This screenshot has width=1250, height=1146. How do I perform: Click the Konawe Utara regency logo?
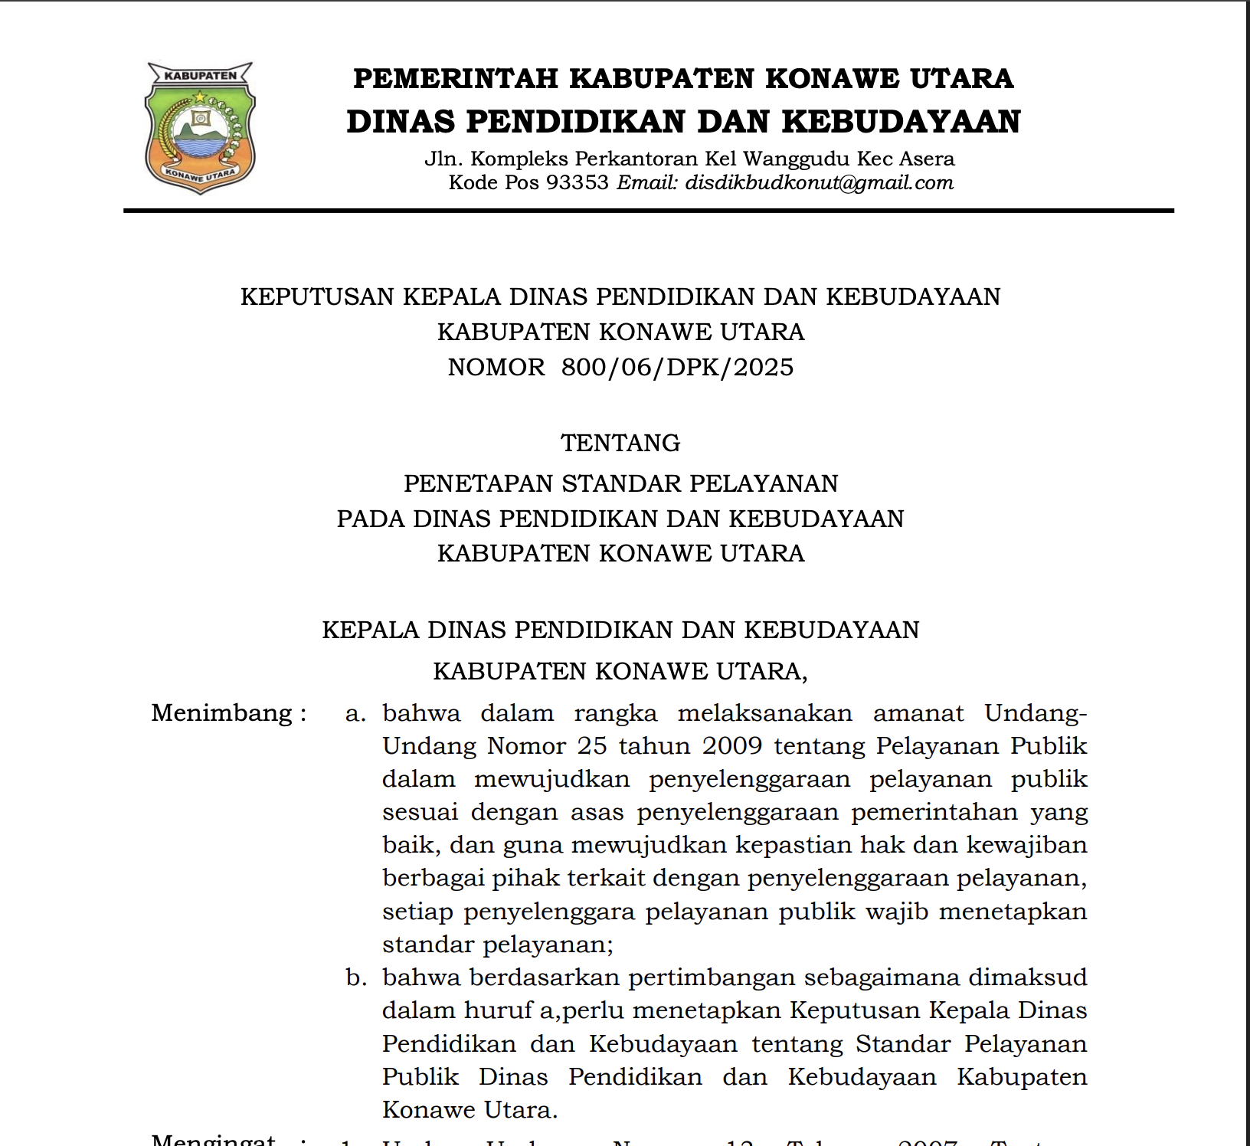pyautogui.click(x=200, y=128)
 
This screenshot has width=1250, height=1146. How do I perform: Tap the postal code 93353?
pyautogui.click(x=577, y=183)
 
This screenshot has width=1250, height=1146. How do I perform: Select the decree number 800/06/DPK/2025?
pyautogui.click(x=677, y=368)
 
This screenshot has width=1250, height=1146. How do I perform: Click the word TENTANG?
pyautogui.click(x=620, y=443)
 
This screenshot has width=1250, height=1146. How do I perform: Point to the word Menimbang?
pyautogui.click(x=222, y=713)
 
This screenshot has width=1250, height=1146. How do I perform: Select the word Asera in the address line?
pyautogui.click(x=927, y=159)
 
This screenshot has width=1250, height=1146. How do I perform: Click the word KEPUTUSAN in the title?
pyautogui.click(x=318, y=297)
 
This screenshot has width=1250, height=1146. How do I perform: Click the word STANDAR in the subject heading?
pyautogui.click(x=621, y=483)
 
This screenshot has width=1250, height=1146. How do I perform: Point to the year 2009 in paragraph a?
pyautogui.click(x=731, y=746)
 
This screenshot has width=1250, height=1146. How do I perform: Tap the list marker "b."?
pyautogui.click(x=355, y=977)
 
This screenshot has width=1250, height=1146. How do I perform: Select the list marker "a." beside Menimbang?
pyautogui.click(x=355, y=713)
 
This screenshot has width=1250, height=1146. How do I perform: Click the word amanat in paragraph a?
pyautogui.click(x=918, y=713)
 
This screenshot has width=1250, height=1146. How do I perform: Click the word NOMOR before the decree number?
pyautogui.click(x=496, y=368)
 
